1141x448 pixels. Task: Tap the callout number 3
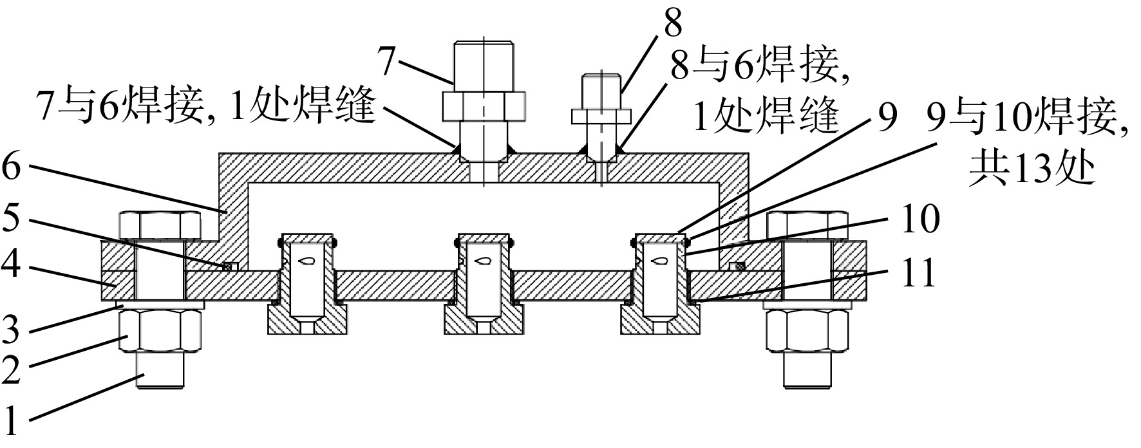pyautogui.click(x=14, y=330)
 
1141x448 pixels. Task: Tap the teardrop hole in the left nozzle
pyautogui.click(x=305, y=261)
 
